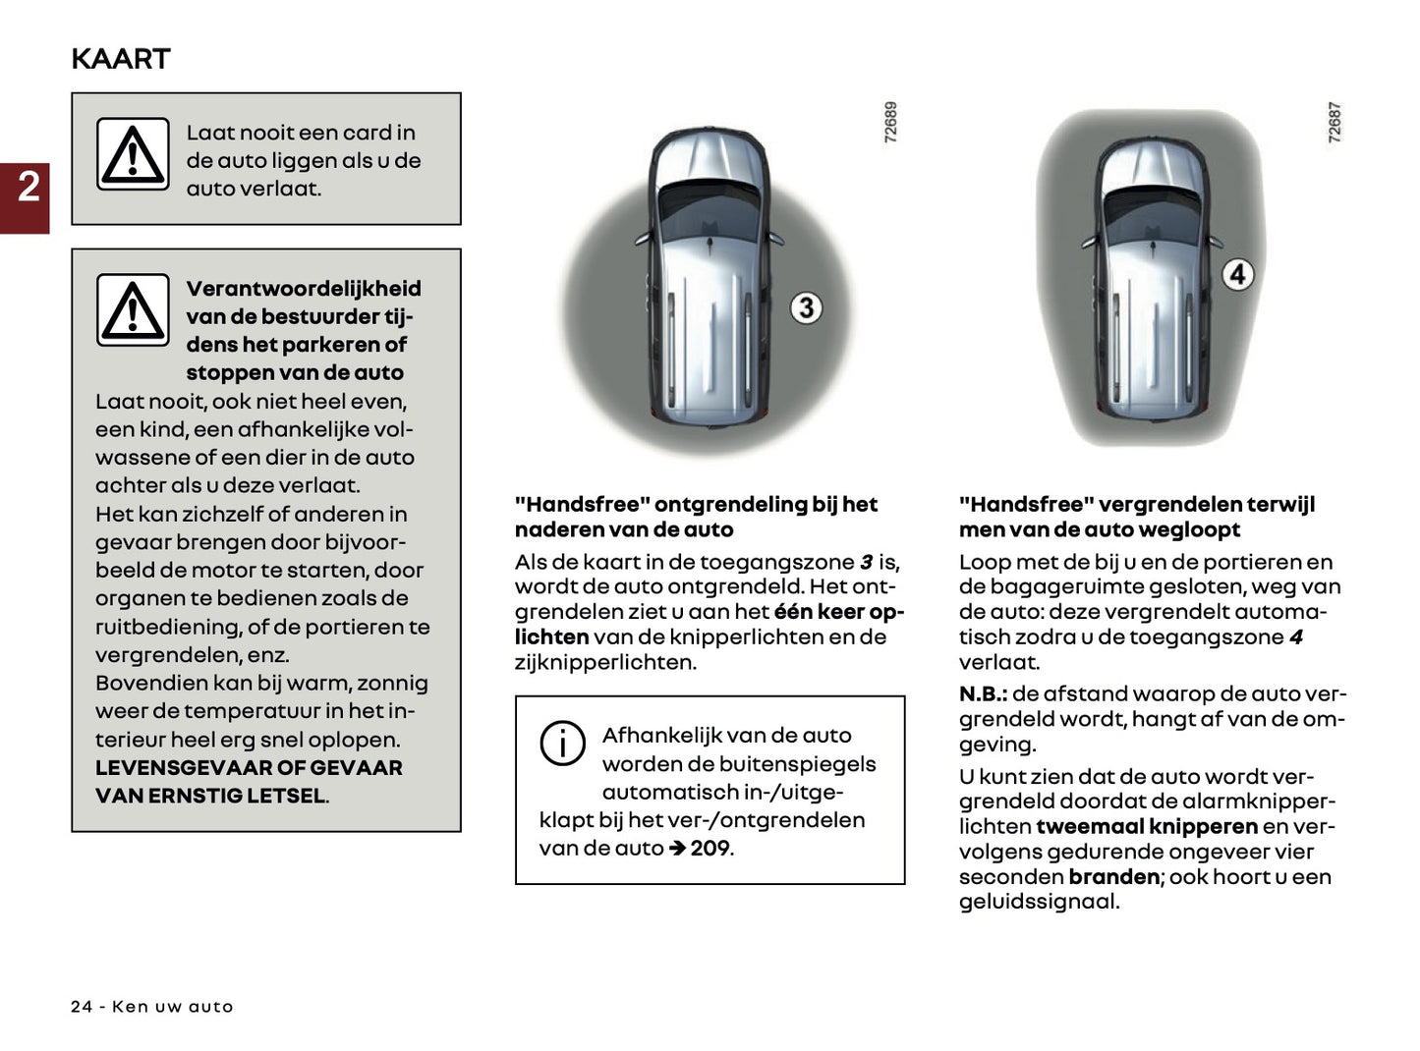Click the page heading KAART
tap(120, 59)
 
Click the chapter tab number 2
tap(28, 187)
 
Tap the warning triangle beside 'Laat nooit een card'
tap(133, 154)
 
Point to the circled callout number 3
tap(806, 308)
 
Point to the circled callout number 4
tap(1237, 274)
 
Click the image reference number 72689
tap(890, 123)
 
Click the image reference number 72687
tap(1335, 123)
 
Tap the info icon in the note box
tap(562, 743)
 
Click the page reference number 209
tap(710, 848)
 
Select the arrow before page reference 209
tap(677, 848)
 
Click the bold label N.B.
tap(982, 694)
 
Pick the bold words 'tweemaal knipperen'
tap(1147, 827)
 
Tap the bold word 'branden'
tap(1114, 877)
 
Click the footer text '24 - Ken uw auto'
tap(152, 1007)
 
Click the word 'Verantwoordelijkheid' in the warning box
tap(304, 289)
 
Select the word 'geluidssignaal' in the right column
tap(1038, 902)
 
